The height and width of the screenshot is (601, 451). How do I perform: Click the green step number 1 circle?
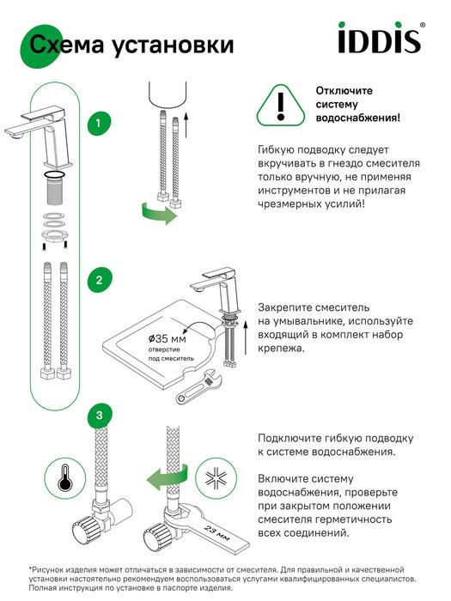point(99,124)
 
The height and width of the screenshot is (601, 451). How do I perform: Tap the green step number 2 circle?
point(99,280)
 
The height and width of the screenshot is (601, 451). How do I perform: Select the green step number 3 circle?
point(100,416)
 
